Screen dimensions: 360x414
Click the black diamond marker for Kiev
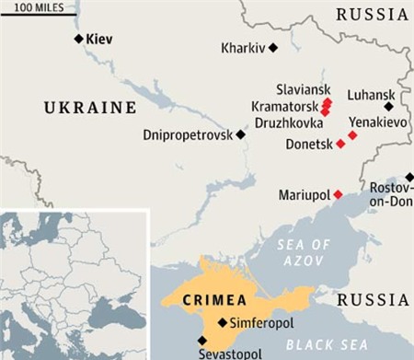coord(78,39)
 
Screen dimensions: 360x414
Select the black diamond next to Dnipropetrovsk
coord(241,134)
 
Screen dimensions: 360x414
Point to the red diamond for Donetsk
coord(340,144)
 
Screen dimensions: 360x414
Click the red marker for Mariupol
coord(338,194)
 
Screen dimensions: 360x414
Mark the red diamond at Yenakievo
coord(352,135)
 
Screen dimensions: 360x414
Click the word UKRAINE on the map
coord(90,109)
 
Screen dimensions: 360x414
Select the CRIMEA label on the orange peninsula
coord(214,300)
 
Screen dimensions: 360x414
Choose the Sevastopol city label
coord(230,354)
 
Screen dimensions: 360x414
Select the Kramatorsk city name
coord(283,107)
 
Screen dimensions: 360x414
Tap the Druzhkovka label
coord(288,122)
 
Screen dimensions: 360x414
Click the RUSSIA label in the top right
coord(372,14)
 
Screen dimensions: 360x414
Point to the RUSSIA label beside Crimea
coord(373,300)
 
